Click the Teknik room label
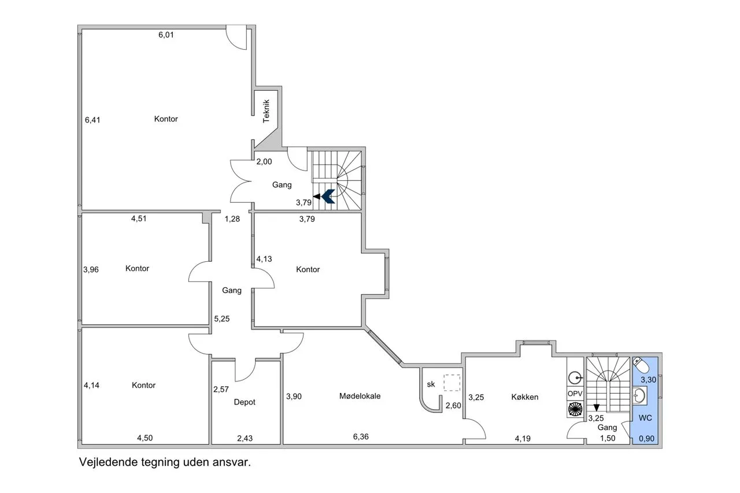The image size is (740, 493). (267, 112)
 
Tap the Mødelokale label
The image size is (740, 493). (360, 396)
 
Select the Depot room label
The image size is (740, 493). (245, 402)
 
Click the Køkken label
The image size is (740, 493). (524, 396)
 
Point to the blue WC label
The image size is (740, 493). (645, 418)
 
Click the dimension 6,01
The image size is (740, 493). (166, 35)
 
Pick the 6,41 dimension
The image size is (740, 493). (92, 120)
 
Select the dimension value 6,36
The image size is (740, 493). (361, 436)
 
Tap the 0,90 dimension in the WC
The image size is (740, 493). (646, 439)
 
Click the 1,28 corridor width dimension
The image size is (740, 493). (232, 218)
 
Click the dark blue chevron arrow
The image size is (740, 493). (328, 197)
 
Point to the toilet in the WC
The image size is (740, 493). (641, 365)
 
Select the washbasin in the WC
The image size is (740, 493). (640, 395)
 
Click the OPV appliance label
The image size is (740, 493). (575, 394)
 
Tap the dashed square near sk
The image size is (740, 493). (452, 383)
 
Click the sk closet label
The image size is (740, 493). (431, 384)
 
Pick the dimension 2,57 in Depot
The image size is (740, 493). (221, 390)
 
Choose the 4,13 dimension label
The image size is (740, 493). (264, 259)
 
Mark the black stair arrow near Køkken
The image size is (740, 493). (596, 407)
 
